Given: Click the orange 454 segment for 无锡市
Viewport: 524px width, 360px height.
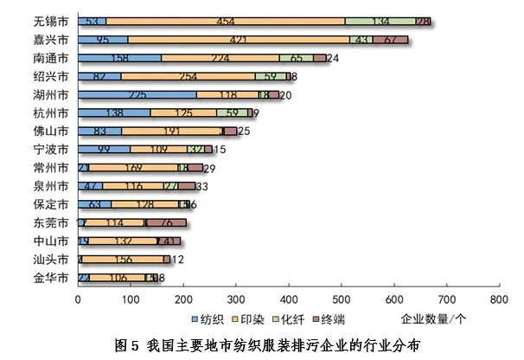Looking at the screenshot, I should click(226, 22).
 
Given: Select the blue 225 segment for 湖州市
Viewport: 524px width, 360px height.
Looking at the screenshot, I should click(137, 95).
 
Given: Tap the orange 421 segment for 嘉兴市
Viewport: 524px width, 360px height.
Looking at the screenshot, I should click(239, 40).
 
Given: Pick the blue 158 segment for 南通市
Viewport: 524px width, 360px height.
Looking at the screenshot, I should click(119, 58).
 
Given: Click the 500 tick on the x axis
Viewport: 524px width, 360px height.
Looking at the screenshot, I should click(341, 299).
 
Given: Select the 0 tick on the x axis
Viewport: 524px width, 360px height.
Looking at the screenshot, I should click(78, 299).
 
